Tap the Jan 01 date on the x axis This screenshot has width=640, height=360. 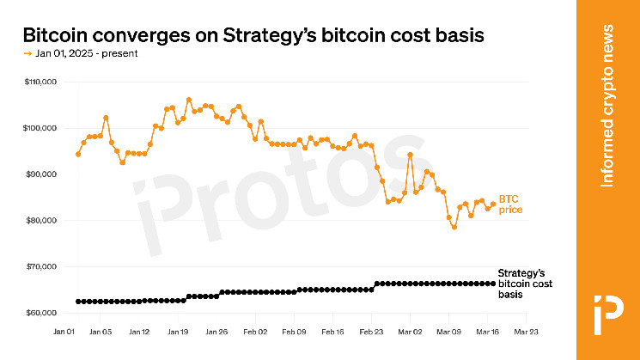pos(63,330)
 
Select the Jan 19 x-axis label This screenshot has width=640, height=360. pos(178,330)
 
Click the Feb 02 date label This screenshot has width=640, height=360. pos(255,330)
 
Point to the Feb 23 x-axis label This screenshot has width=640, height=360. pos(371,330)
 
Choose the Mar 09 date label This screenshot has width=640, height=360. pos(448,330)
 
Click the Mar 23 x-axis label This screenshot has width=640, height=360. pos(526,330)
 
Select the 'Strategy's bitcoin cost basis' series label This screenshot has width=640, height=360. pos(522,283)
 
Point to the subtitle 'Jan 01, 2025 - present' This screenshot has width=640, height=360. pos(86,53)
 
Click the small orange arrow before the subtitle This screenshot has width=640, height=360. pos(27,53)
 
